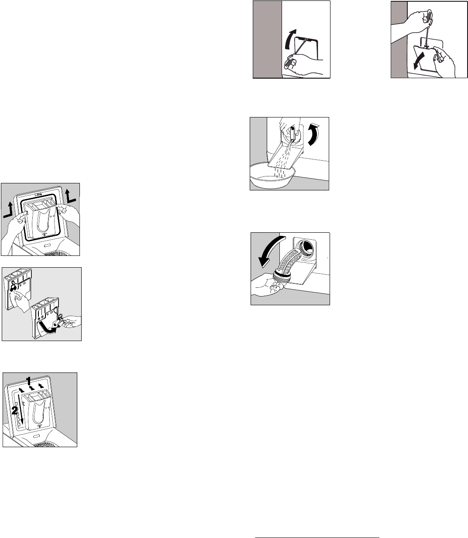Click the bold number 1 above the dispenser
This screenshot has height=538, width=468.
click(x=29, y=381)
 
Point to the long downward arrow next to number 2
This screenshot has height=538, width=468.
click(x=20, y=409)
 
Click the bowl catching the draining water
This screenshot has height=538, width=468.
click(x=272, y=176)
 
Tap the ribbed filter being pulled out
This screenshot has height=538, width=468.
click(x=287, y=265)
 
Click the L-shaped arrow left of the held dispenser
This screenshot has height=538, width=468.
click(x=8, y=210)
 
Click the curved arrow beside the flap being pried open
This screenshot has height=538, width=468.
click(x=289, y=39)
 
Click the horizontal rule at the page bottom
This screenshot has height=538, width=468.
click(x=317, y=536)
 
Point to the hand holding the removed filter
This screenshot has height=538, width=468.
click(x=267, y=286)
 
